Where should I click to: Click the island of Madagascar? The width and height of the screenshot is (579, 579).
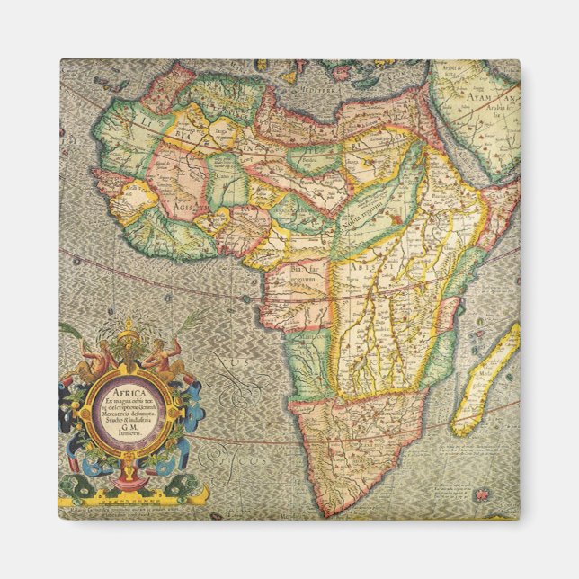[x=485, y=378]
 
